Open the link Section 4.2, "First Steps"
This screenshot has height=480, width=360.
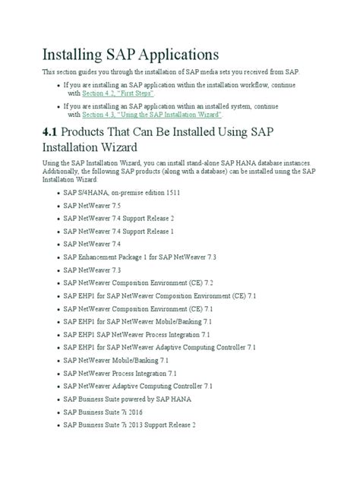(x=118, y=93)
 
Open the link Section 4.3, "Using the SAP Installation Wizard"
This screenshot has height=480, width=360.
(x=151, y=115)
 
